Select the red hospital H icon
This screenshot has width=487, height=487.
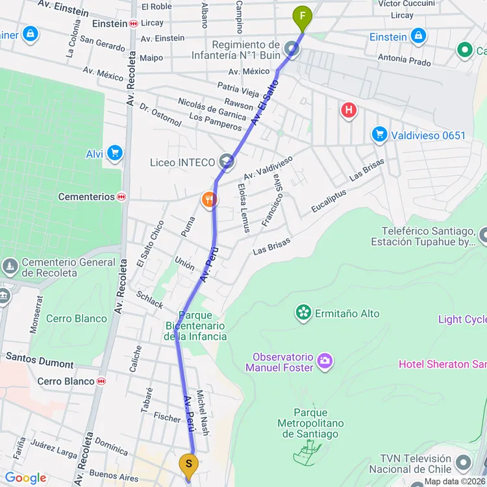(349, 110)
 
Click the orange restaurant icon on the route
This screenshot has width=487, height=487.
(208, 200)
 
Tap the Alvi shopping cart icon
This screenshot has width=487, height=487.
(115, 153)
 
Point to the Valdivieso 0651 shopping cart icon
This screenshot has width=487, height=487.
(379, 135)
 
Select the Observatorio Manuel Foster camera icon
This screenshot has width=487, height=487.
(325, 359)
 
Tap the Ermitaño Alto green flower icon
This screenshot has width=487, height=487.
(303, 313)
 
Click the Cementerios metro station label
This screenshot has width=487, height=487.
(86, 197)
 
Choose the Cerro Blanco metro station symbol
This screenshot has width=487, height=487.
(101, 381)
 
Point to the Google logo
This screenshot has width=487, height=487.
(25, 479)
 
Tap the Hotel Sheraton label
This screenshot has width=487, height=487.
(442, 364)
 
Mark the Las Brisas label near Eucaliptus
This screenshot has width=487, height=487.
(367, 169)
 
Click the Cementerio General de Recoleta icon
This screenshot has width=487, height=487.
(10, 266)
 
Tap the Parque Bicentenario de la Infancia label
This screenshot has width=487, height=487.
(195, 325)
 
